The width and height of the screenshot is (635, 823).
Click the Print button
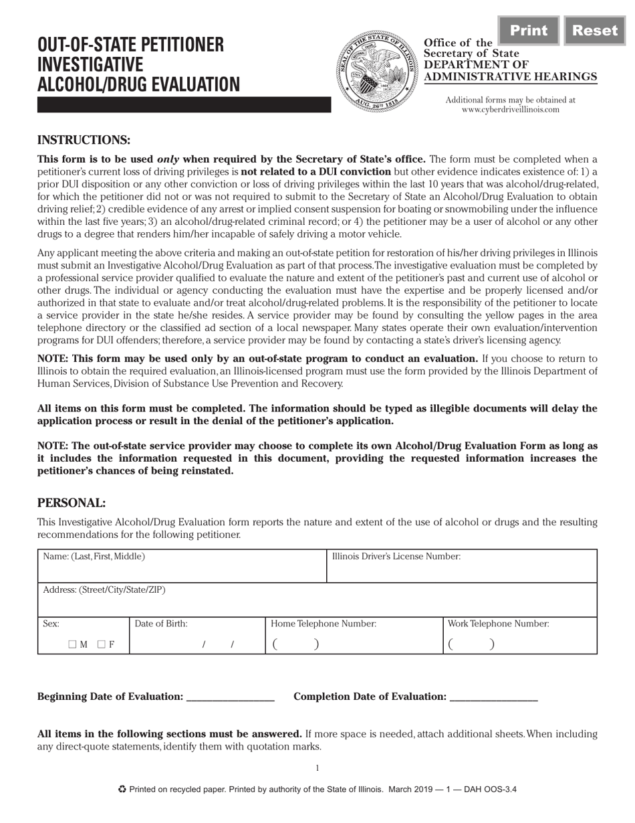[x=528, y=31]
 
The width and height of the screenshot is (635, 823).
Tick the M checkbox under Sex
[x=72, y=644]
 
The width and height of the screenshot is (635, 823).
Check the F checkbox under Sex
[x=102, y=644]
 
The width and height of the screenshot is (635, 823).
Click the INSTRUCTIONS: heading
[x=84, y=140]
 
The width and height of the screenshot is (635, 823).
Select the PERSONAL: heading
[x=72, y=503]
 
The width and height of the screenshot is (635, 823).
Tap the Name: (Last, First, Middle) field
[x=182, y=571]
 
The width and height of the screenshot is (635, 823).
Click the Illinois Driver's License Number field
[x=461, y=571]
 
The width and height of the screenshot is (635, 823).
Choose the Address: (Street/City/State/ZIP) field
[x=317, y=604]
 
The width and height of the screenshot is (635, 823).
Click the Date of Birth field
[x=197, y=643]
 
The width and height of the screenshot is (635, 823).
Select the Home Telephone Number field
[x=354, y=643]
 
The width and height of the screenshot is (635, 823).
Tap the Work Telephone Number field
[x=520, y=643]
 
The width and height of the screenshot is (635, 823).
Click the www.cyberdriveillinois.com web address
[x=510, y=110]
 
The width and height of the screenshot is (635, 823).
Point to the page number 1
[x=317, y=768]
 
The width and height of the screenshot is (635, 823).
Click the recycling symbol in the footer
[x=122, y=790]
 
